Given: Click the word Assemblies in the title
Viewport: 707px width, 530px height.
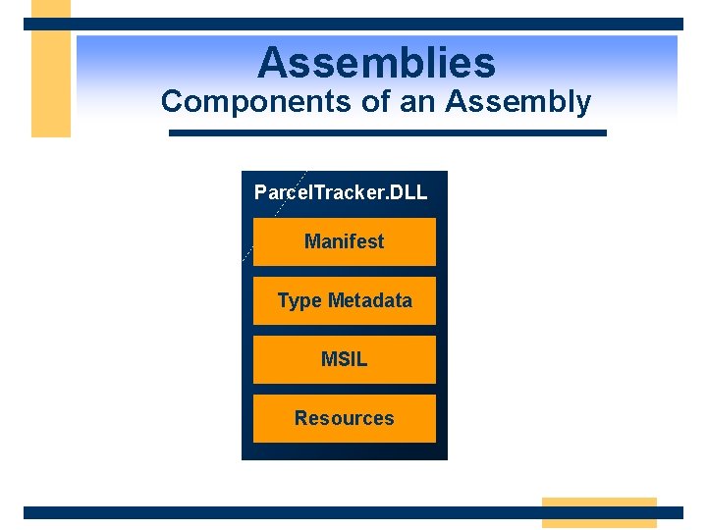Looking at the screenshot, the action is pos(376,63).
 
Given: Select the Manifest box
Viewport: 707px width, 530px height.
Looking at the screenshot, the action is pos(344,241).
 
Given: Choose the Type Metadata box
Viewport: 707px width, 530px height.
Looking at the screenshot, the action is pos(344,300).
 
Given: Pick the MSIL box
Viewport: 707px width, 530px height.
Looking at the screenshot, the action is pos(344,359).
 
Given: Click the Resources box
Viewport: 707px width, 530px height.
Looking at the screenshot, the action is pos(344,418).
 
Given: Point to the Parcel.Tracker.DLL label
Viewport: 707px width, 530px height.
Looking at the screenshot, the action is pos(341,191).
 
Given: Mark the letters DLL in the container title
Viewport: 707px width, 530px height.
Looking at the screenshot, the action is pos(408,191).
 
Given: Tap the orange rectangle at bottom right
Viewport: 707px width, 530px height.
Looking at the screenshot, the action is pos(599,511).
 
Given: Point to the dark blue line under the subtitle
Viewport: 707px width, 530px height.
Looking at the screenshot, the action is pos(388,132).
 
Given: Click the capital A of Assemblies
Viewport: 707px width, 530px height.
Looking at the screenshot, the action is pos(273,63).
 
